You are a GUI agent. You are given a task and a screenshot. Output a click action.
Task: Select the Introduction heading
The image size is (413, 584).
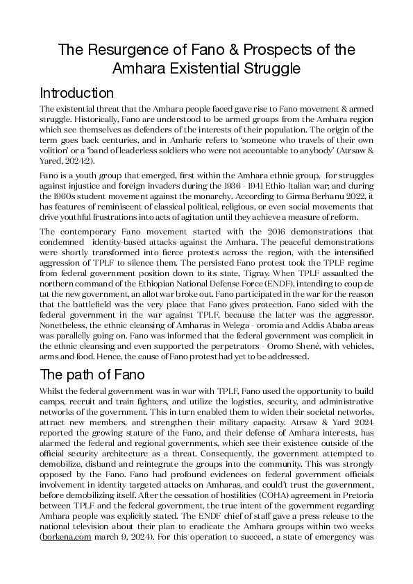pyautogui.click(x=76, y=93)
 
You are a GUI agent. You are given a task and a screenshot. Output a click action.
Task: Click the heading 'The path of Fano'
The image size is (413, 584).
pyautogui.click(x=92, y=375)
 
